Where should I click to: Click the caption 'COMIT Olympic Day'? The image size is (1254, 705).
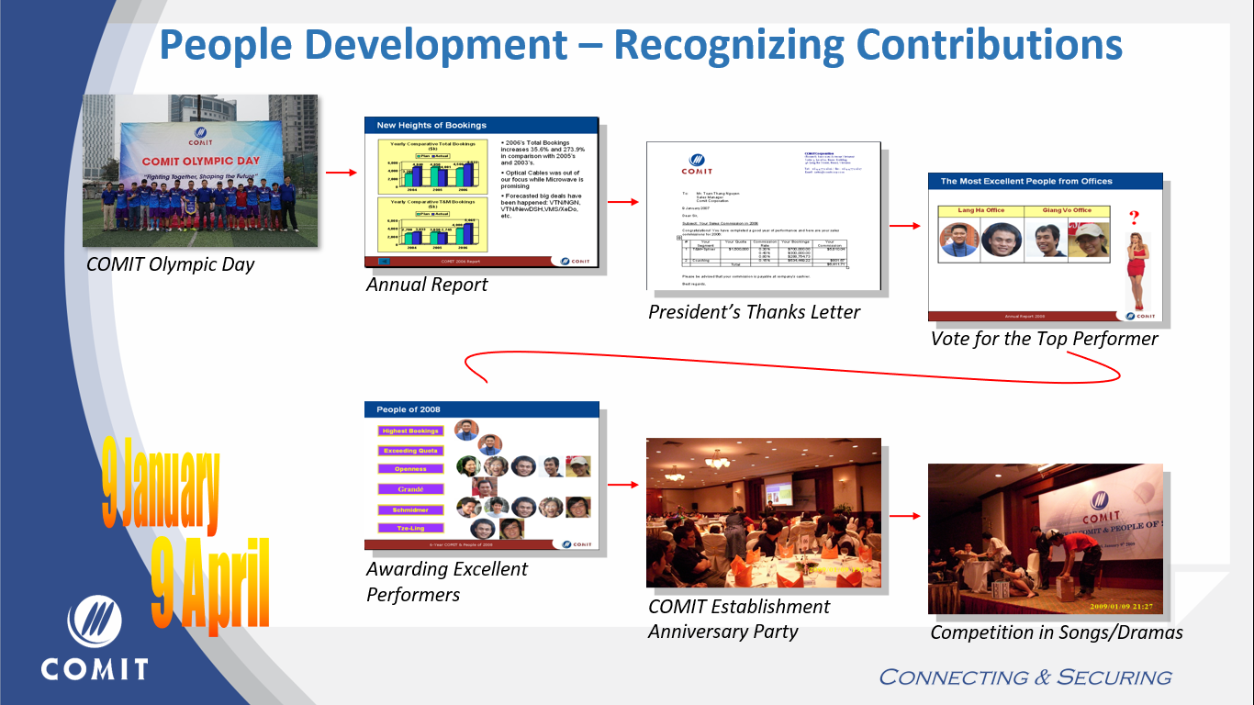[x=170, y=265]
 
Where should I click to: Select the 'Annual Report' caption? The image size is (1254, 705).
[x=427, y=285]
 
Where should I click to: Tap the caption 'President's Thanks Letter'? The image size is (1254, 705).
[x=754, y=312]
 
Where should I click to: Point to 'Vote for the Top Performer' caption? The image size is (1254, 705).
[x=1044, y=339]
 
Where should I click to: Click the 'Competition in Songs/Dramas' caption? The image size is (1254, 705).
[x=1056, y=632]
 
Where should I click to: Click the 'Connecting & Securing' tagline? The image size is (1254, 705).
[x=1024, y=677]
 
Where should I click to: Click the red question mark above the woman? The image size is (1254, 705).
[x=1134, y=218]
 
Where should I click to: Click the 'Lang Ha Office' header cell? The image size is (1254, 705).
[x=980, y=210]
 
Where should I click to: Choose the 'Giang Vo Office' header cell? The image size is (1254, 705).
[x=1069, y=210]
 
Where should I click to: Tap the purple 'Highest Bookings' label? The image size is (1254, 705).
[x=410, y=431]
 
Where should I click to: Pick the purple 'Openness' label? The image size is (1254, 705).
[x=410, y=469]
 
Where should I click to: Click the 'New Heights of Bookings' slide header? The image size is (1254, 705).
[x=431, y=125]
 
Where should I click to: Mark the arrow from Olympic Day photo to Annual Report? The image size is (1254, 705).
[x=341, y=172]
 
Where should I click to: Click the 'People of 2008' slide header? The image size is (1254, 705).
[x=409, y=409]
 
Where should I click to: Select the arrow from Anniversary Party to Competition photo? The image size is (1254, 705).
[x=904, y=515]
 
